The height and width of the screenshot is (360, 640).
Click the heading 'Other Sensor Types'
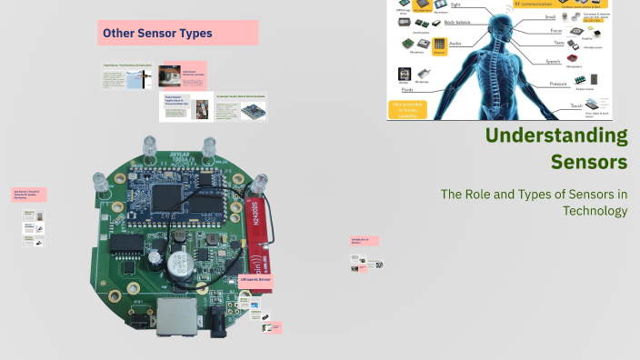click(157, 34)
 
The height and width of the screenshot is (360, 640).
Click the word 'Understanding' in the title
click(556, 136)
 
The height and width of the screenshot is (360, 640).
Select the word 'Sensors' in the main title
click(589, 163)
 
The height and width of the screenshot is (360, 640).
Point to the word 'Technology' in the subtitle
click(595, 211)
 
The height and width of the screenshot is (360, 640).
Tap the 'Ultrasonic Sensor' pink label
click(255, 280)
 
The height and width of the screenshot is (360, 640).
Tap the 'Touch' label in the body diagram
click(575, 106)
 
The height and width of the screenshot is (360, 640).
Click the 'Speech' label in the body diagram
click(551, 62)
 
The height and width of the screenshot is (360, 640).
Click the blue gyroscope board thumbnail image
click(250, 111)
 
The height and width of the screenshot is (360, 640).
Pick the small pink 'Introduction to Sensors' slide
click(364, 241)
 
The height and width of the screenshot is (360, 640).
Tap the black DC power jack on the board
click(218, 319)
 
